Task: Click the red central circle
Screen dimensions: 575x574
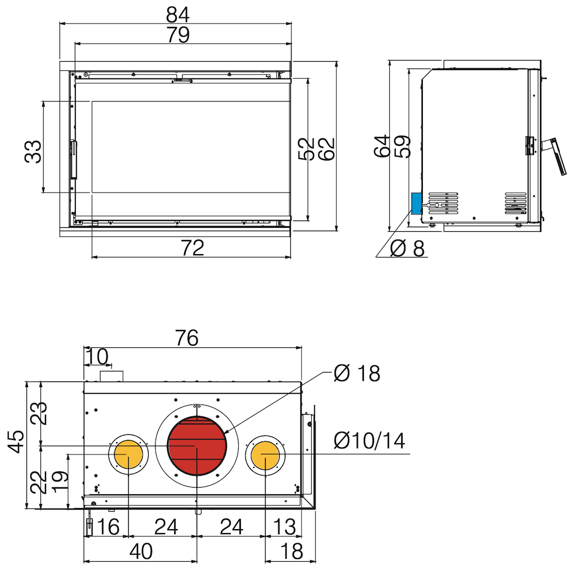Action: (x=197, y=446)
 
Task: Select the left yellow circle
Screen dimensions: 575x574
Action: (x=129, y=454)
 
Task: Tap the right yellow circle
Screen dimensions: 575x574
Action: (x=265, y=455)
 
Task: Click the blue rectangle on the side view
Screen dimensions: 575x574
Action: (x=417, y=204)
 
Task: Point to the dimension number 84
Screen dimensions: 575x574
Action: (x=178, y=15)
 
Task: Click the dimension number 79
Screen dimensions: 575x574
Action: (x=178, y=35)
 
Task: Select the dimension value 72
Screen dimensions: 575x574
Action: (x=193, y=248)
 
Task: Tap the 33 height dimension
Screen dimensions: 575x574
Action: (x=33, y=151)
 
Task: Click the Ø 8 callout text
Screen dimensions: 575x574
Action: (x=408, y=248)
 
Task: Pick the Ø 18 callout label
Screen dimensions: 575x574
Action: (x=357, y=373)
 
